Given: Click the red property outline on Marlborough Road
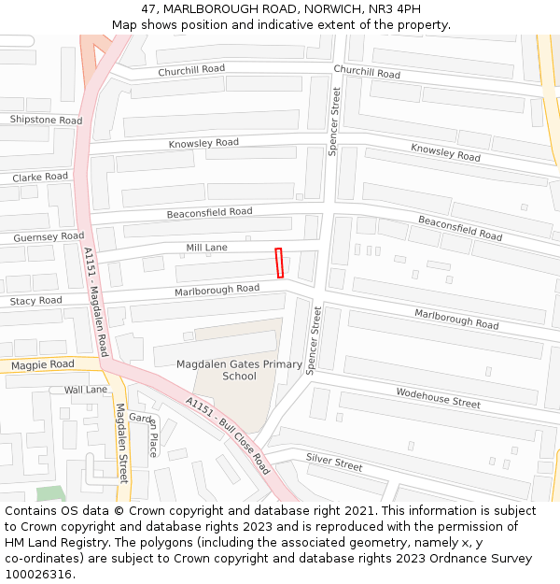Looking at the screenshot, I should point(279,263).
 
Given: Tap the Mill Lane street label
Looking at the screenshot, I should point(206,247).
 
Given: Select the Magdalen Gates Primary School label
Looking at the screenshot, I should point(239,370).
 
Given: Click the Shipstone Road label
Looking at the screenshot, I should point(46,120).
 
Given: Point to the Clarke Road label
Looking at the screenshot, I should point(40,177).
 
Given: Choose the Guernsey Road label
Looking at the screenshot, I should point(49,237).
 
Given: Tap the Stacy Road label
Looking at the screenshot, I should point(35,301).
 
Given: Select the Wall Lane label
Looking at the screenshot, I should point(86,390).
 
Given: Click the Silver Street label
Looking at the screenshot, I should point(334,462).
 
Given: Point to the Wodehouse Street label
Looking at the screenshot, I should point(438,398).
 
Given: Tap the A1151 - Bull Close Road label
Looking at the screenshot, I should point(228,435).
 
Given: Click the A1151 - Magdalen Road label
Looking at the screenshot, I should point(96,301).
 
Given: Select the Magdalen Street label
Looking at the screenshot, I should point(121,442).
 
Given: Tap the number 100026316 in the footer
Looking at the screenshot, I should point(38,575).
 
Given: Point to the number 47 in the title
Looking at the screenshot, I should point(149,8).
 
